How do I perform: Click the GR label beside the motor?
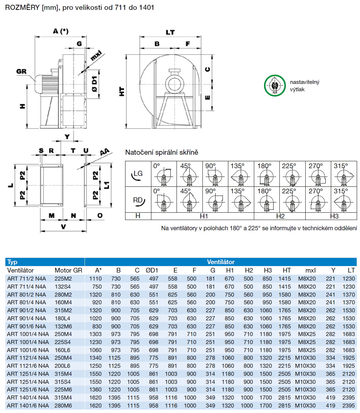[x=22, y=71]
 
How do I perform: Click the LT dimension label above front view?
[x=170, y=32]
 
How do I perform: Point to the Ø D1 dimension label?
[x=94, y=86]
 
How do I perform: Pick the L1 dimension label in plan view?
[x=106, y=185]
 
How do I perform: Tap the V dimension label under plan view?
[x=63, y=227]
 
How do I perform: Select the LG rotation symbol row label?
[x=138, y=174]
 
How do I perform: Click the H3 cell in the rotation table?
[x=331, y=216]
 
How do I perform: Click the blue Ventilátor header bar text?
[x=221, y=262]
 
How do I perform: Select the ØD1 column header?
[x=152, y=270]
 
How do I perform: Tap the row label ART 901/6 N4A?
[x=27, y=326]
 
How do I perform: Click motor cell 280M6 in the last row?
[x=64, y=405]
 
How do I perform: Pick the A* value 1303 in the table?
[x=95, y=334]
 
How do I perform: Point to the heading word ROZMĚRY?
[x=20, y=7]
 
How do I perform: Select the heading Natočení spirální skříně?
[x=162, y=152]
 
